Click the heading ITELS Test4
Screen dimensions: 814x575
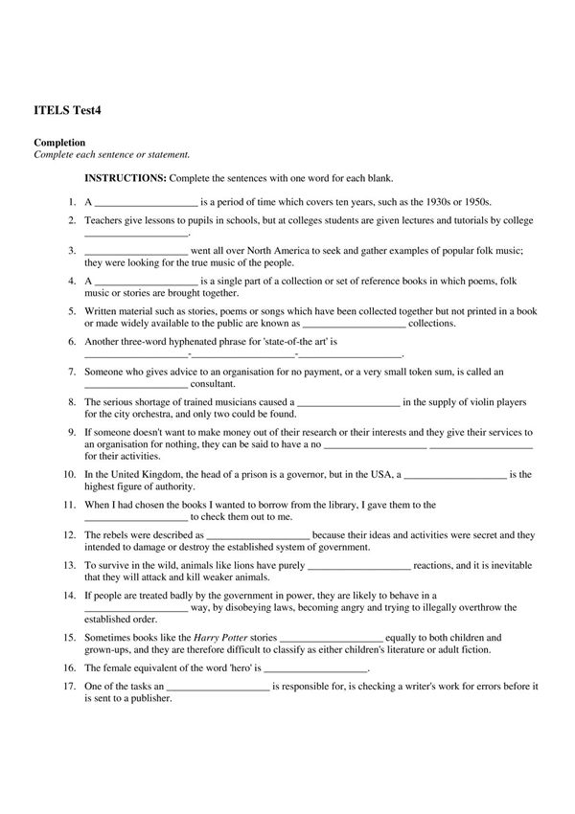tap(67, 110)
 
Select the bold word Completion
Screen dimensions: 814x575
tap(59, 143)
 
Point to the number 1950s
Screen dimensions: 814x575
tap(474, 203)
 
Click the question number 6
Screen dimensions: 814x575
tap(72, 341)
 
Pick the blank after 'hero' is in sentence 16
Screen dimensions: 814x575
tap(316, 668)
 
